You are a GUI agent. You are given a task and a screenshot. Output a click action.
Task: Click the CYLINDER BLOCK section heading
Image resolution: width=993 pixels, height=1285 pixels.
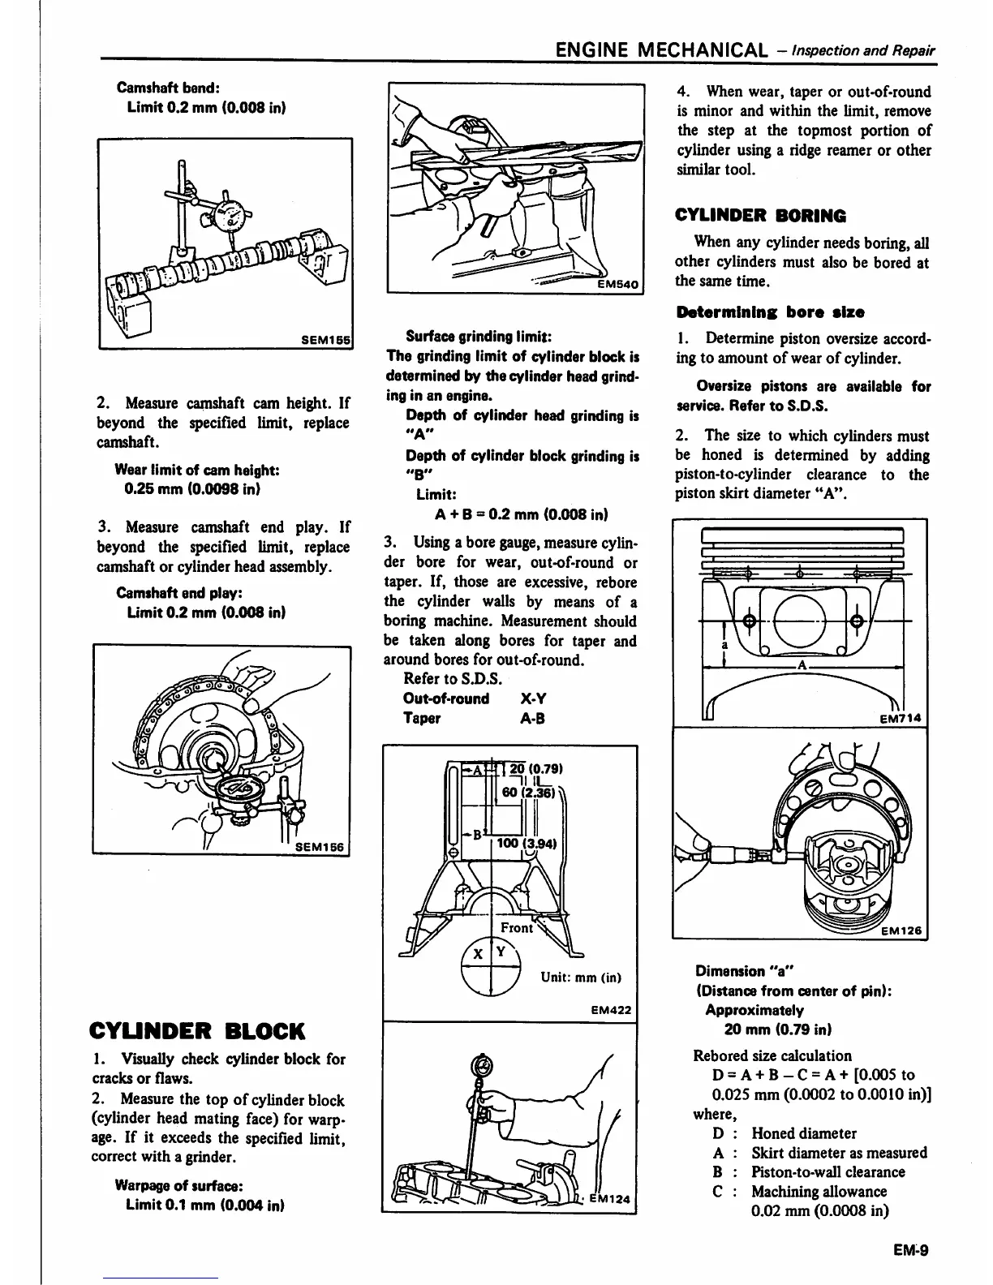(x=199, y=1031)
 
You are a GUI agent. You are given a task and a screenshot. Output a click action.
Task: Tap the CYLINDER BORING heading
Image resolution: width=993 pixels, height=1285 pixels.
(x=760, y=216)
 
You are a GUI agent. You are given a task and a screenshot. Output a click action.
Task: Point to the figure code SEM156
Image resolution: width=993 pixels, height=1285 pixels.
(x=319, y=847)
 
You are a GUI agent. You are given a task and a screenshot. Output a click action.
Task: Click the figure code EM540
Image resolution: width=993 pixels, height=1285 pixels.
(x=618, y=284)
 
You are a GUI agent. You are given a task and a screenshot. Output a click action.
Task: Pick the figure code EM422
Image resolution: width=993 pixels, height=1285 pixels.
(x=613, y=1010)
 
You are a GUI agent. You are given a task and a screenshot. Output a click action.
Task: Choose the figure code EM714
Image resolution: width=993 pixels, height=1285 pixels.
(x=902, y=717)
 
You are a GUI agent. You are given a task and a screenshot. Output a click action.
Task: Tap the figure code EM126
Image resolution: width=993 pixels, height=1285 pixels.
(x=903, y=931)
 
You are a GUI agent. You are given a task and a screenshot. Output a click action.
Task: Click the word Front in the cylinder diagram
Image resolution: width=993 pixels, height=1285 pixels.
(x=517, y=927)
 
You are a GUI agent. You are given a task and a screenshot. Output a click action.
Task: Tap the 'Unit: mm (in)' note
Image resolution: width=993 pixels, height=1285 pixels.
(x=581, y=978)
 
